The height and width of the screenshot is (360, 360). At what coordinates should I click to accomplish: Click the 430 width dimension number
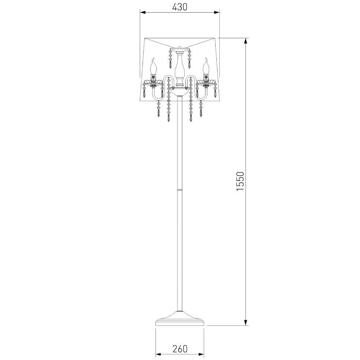tap(180, 7)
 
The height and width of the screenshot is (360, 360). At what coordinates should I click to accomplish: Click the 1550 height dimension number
tap(240, 181)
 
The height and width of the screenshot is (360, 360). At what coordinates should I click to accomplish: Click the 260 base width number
tap(180, 349)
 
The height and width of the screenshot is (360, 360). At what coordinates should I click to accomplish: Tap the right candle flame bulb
tap(206, 66)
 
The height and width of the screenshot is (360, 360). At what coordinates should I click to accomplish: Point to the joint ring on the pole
tap(180, 190)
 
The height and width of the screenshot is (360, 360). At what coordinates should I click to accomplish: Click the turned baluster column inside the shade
tap(180, 69)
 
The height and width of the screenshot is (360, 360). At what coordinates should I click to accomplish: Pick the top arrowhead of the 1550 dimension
tap(246, 41)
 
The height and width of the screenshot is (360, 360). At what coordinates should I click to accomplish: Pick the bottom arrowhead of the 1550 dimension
tap(246, 322)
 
